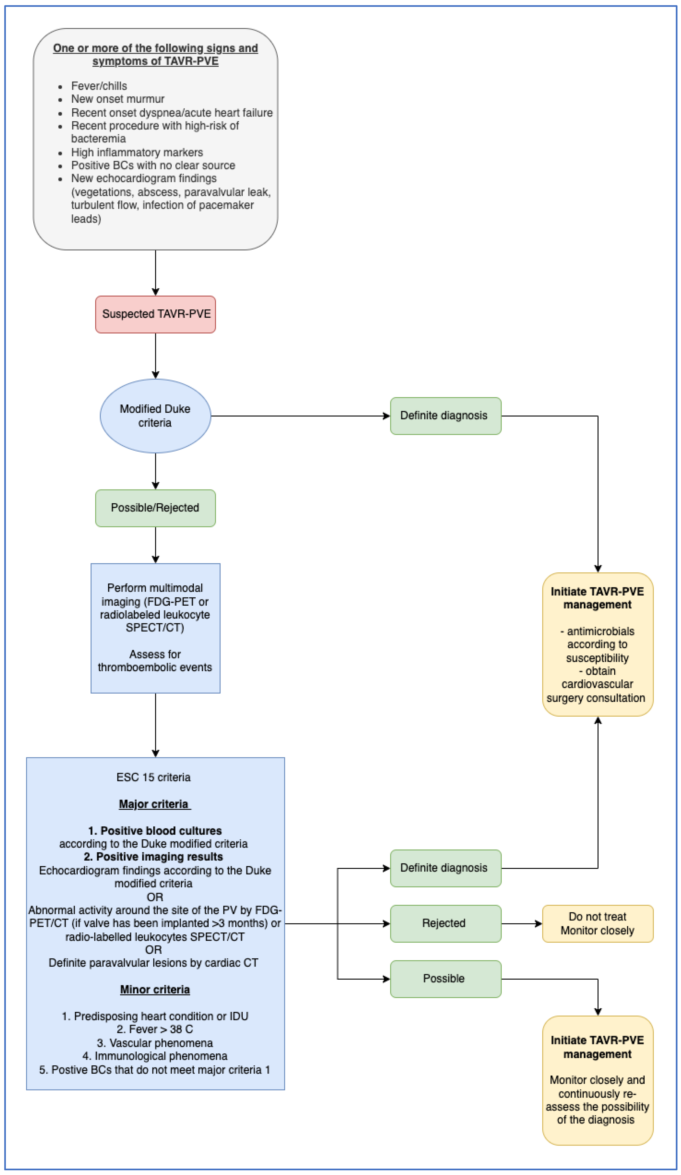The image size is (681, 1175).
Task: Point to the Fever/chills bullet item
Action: click(99, 86)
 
